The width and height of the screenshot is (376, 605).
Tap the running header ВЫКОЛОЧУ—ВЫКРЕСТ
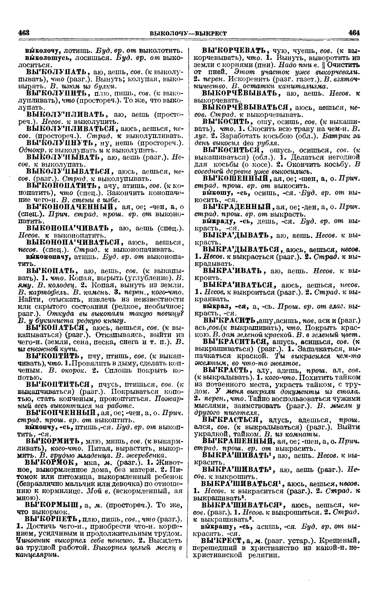[x=188, y=33]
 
